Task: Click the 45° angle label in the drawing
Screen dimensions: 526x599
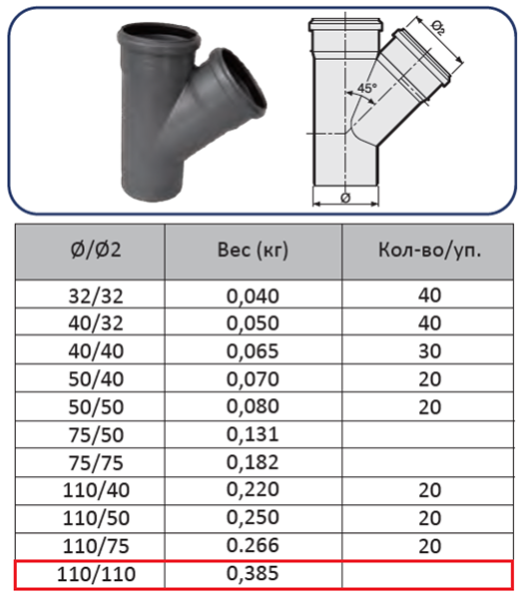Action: coord(366,88)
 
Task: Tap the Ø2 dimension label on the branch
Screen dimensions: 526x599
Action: coord(438,27)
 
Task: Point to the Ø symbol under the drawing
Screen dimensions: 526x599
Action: coord(345,198)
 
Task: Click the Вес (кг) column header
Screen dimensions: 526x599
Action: coord(253,251)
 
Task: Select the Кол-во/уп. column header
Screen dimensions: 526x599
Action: coord(430,251)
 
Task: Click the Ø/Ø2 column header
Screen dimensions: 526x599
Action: coord(96,250)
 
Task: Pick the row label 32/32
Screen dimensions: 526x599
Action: coord(96,297)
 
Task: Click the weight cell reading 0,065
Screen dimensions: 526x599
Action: coord(253,351)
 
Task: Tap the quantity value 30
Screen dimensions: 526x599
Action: coord(430,351)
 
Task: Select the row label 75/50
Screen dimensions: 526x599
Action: coord(96,435)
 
